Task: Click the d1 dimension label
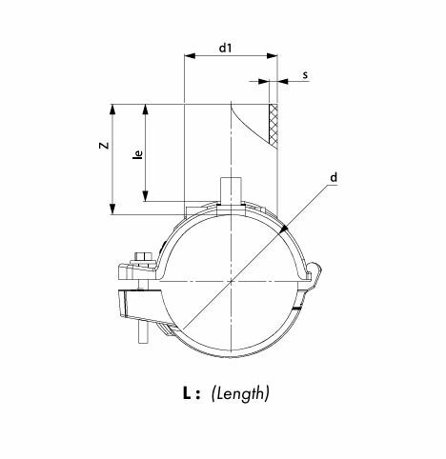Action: coord(226,48)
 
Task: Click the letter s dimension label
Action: coord(305,75)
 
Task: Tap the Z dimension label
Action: coord(104,146)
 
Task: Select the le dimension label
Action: coord(138,154)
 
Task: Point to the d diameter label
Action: coord(334,177)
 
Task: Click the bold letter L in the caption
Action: coord(187,393)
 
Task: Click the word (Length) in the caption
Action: coord(240,394)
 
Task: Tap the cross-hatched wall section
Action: coord(274,125)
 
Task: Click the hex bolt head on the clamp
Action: coord(144,256)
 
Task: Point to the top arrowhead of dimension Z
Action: coord(112,110)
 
